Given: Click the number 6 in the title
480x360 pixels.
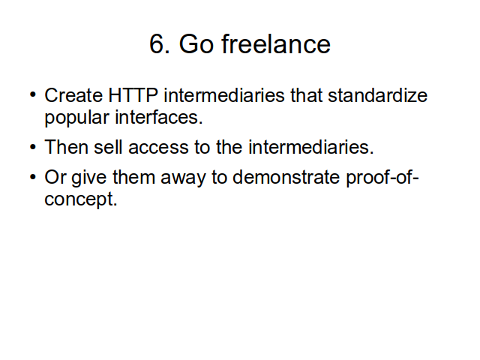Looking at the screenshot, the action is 157,44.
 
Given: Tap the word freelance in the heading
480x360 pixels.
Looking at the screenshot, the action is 276,43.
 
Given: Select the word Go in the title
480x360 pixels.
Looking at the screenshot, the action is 196,44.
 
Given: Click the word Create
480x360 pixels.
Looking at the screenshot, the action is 73,95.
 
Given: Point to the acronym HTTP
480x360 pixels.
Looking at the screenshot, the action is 133,95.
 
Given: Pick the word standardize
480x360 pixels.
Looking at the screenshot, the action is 378,95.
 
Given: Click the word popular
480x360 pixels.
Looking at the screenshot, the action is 76,118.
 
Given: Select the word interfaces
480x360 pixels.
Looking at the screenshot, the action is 159,117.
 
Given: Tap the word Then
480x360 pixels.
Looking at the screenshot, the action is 67,147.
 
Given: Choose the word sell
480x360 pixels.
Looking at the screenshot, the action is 108,147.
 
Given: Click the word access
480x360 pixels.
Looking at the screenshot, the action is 158,148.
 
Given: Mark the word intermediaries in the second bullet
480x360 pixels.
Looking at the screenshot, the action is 311,147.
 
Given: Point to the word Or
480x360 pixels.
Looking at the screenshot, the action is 55,177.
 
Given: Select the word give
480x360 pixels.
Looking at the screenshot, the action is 89,178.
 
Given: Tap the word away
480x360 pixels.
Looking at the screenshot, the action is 183,178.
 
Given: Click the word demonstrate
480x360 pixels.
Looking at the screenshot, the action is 286,177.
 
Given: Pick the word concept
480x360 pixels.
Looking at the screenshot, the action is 81,199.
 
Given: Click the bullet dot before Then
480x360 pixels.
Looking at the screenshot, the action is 33,147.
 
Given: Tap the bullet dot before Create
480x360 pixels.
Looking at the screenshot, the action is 33,94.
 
